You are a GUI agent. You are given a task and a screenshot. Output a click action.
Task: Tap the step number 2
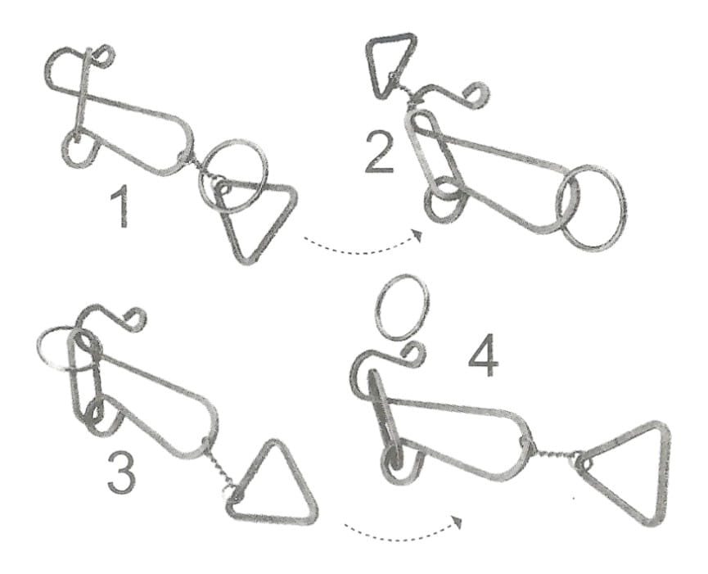379,151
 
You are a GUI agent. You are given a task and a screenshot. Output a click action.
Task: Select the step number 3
121,472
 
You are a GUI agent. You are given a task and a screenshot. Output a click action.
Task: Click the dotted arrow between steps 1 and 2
363,251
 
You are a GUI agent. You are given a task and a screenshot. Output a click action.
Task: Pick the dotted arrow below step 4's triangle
404,536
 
